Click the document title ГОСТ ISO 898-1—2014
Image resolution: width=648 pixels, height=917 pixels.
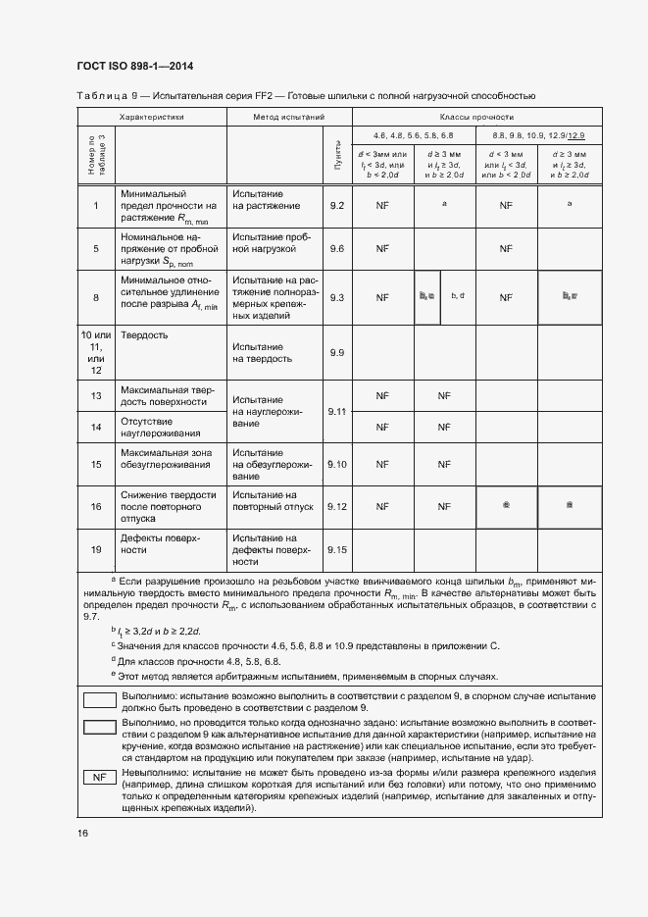[134, 66]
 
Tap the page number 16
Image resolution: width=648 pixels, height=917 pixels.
[82, 834]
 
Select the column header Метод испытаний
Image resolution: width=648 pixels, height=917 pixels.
[276, 116]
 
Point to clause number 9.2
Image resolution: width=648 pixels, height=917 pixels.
[337, 206]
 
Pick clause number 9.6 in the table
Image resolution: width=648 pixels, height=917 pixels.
[337, 249]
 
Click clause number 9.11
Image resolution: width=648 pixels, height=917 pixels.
[337, 412]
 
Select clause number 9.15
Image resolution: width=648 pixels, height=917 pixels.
[337, 549]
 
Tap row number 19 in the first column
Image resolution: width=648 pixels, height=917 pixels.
[96, 549]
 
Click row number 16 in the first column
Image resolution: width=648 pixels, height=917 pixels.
[96, 506]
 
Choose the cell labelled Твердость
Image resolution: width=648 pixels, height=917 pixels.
[144, 335]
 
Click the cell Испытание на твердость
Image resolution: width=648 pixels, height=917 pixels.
[259, 352]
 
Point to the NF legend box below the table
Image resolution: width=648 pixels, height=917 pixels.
[98, 776]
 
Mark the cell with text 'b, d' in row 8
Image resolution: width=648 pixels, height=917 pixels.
[457, 295]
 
